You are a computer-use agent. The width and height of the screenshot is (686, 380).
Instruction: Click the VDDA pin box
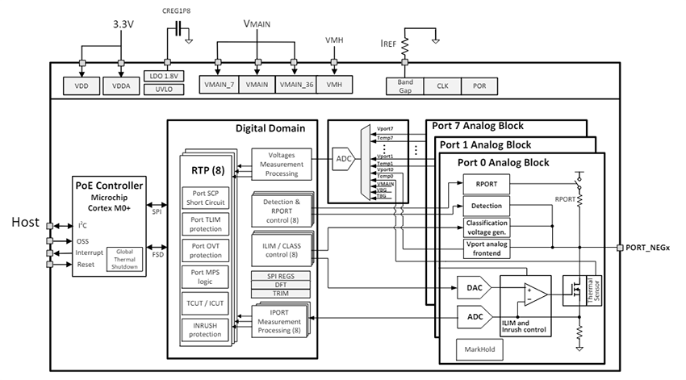(122, 85)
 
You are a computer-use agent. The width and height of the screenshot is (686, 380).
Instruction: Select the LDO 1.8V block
(167, 76)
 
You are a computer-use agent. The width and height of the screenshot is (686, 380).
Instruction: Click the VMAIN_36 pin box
(295, 85)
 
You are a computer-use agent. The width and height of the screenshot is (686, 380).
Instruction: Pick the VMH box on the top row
(334, 85)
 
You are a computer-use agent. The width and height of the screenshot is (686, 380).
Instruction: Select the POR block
(479, 86)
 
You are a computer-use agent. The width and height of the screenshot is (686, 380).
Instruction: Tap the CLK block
(441, 86)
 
